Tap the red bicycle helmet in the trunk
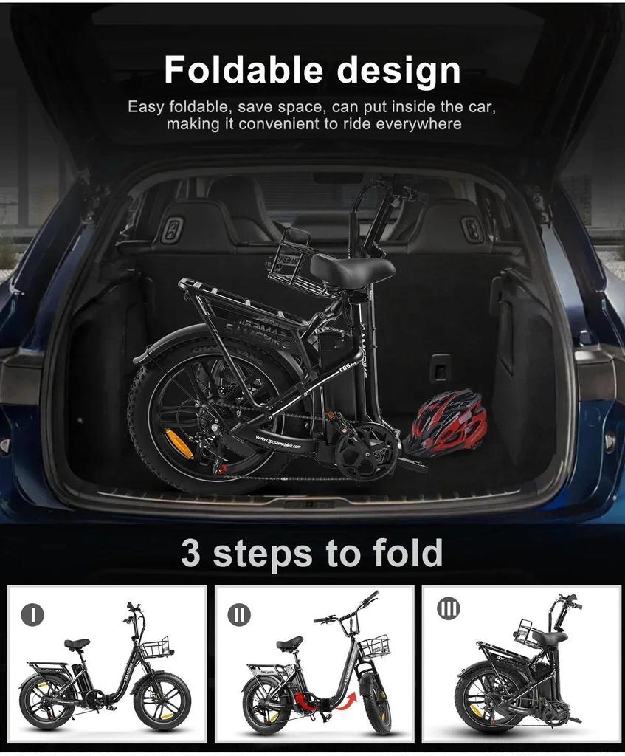click(449, 424)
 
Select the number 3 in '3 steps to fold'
click(190, 553)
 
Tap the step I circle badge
click(32, 614)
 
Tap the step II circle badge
click(238, 614)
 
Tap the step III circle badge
click(448, 610)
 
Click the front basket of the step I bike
click(155, 650)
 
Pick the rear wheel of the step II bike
click(266, 706)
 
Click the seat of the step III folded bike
click(549, 637)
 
